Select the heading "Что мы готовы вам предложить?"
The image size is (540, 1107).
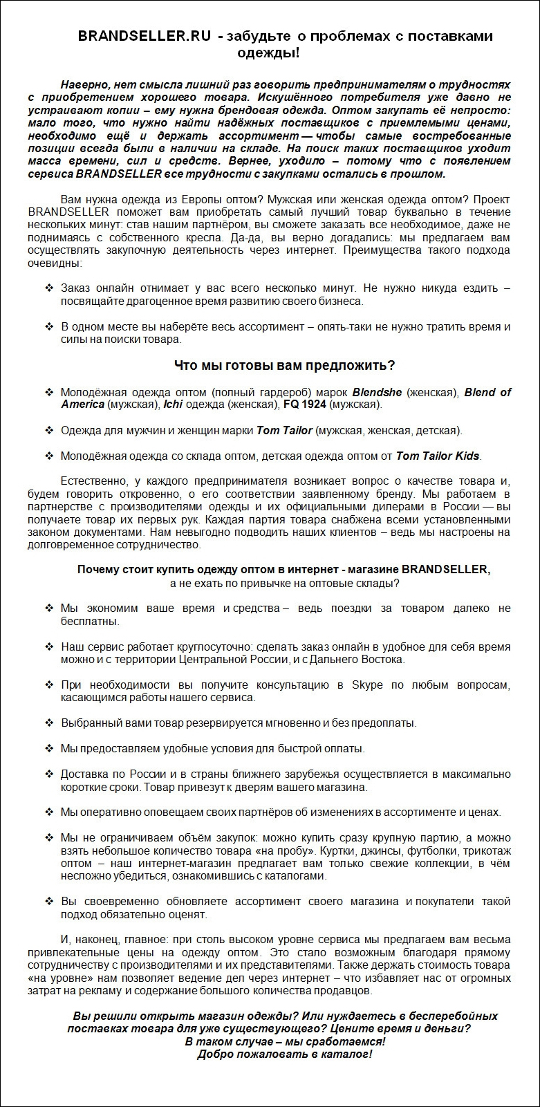click(283, 366)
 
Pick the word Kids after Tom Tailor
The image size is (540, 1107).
click(467, 456)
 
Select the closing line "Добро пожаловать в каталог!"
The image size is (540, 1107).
click(284, 1054)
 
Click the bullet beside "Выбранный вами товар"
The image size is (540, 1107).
click(49, 723)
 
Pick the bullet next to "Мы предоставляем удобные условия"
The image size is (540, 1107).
click(49, 749)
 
